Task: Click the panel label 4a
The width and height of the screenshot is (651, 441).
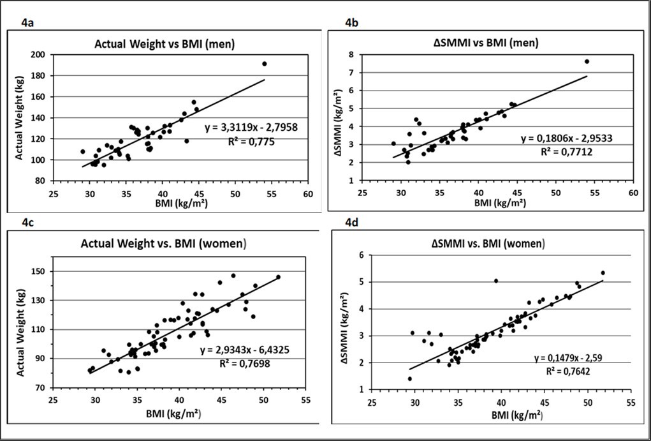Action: [27, 23]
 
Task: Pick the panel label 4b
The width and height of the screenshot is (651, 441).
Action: [353, 23]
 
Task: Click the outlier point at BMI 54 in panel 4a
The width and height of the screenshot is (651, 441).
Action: [264, 64]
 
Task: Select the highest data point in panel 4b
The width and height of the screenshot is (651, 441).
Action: [587, 61]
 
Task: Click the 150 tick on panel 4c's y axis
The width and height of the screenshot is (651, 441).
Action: [62, 272]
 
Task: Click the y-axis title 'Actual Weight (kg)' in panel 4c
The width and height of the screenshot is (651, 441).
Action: [21, 327]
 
